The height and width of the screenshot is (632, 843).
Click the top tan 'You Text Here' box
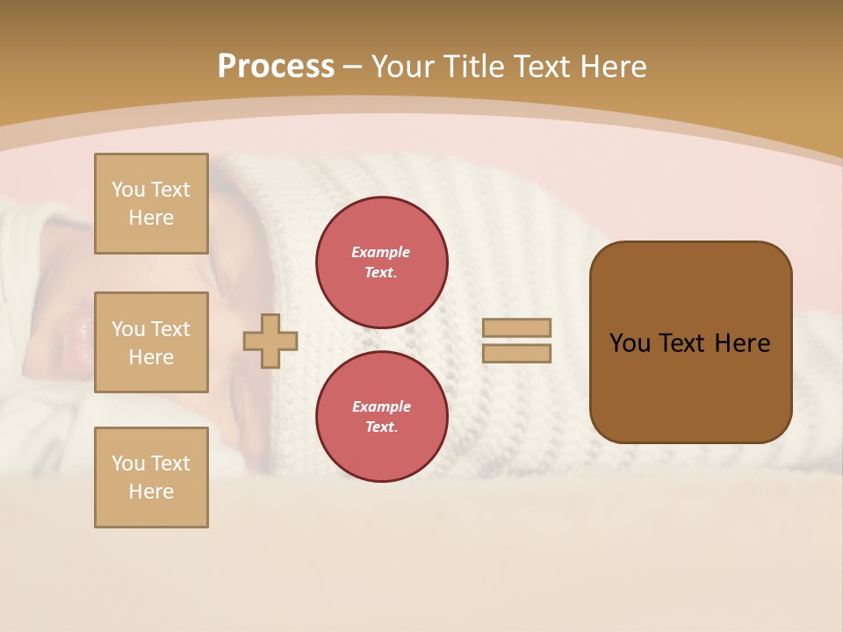(x=151, y=204)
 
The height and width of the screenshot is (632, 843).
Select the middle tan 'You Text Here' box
(x=151, y=342)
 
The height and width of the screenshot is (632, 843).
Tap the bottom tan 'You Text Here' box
(x=151, y=477)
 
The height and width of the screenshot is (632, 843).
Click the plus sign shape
(x=270, y=341)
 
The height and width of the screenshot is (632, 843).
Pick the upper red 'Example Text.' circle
(x=381, y=262)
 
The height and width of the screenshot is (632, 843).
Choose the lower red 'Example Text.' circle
(x=381, y=416)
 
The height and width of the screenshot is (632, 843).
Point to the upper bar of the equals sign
(x=516, y=327)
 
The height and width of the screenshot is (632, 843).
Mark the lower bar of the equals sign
(x=516, y=354)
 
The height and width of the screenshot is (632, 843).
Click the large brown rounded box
(x=690, y=342)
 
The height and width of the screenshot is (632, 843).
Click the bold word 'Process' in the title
(x=276, y=67)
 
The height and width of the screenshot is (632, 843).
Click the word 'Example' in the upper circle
(x=381, y=252)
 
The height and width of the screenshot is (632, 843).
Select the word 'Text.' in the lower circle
(x=381, y=427)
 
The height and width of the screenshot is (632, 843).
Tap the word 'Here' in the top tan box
(x=151, y=218)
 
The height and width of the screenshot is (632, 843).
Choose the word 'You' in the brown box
(x=630, y=343)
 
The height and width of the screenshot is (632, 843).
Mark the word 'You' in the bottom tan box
(x=128, y=463)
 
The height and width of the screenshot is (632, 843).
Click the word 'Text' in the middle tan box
(x=170, y=329)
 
